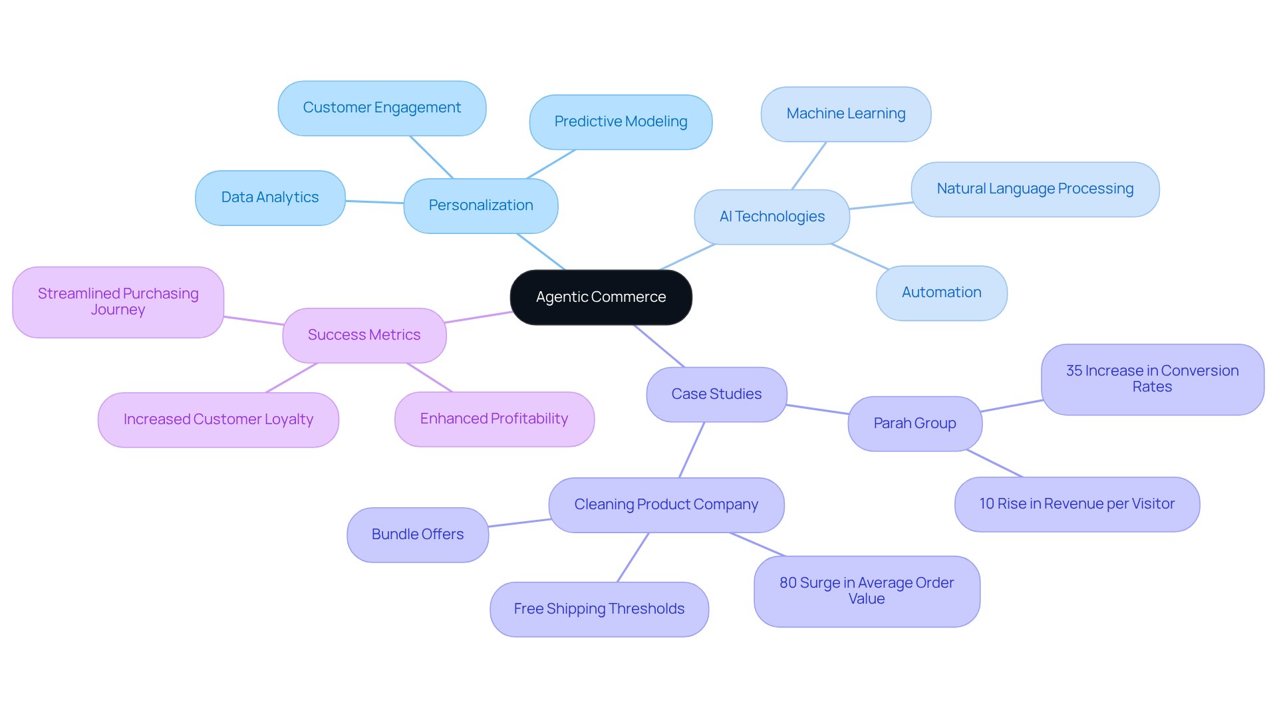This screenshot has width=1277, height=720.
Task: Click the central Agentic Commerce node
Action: pos(601,297)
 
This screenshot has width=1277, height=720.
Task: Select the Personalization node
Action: pos(480,205)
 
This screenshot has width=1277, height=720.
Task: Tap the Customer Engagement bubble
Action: pos(382,108)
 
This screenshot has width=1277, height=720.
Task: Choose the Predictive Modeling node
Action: pos(621,122)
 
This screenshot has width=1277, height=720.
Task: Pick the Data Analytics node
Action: pos(270,197)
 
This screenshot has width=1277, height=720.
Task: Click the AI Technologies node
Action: pos(772,217)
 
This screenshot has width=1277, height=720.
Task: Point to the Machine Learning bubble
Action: pos(845,114)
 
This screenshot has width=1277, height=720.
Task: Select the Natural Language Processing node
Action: pos(1035,189)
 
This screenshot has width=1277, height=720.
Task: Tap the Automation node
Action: pos(941,293)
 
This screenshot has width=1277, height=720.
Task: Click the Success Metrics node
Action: pos(364,335)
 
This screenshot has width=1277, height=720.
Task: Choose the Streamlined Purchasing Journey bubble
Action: pos(118,302)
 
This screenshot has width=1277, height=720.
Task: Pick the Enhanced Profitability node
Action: pos(494,419)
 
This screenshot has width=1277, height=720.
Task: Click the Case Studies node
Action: pos(716,394)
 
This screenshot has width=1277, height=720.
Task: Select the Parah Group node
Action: pos(915,423)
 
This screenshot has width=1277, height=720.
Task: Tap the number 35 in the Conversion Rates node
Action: pos(1073,371)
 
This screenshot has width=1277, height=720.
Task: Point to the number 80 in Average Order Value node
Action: pos(787,583)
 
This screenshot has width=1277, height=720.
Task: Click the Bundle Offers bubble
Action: pos(418,535)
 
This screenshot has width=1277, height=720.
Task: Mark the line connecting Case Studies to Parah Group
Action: pos(817,410)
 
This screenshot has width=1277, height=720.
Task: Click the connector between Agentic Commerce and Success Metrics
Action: pos(478,317)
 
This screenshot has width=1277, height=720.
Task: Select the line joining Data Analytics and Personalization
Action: pos(374,201)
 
